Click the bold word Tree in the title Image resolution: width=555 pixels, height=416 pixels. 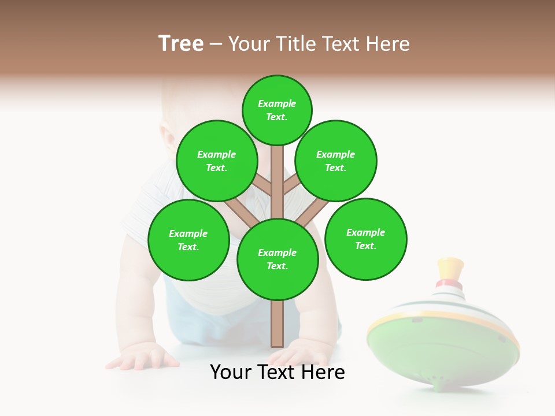point(181,44)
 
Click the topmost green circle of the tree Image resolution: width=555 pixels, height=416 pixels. point(277,110)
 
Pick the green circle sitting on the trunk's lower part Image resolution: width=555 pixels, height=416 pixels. point(277,259)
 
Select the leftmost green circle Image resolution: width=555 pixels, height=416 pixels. point(188,240)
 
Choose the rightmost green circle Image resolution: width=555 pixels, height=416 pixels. point(365,239)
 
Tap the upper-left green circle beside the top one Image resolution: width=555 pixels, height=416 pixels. point(217,161)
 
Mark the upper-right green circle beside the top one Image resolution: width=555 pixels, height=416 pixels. point(336,161)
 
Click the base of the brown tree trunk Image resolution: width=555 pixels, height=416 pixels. point(277,341)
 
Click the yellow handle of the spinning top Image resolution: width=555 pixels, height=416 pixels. point(451,268)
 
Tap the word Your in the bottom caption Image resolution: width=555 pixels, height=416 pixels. point(231,372)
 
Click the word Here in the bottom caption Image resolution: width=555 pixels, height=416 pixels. point(325,372)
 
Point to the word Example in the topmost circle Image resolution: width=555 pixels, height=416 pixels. point(277,103)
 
